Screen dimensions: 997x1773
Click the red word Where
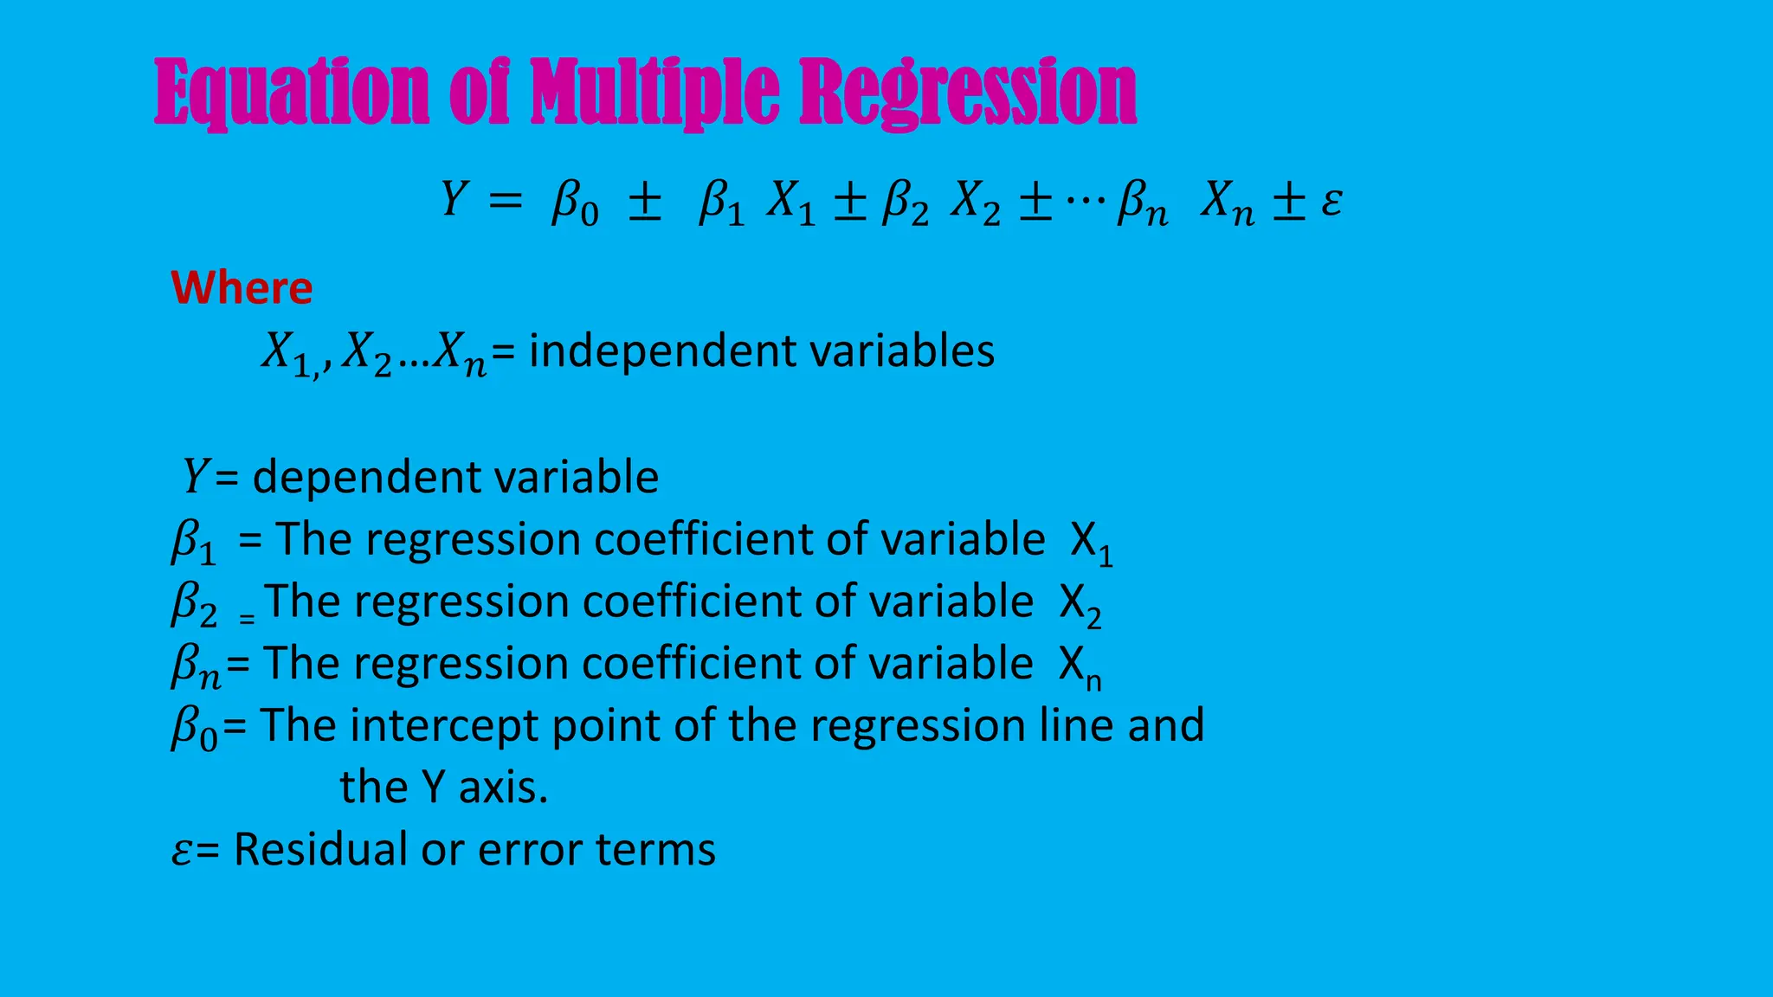[x=242, y=288]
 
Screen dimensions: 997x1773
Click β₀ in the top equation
[x=575, y=204]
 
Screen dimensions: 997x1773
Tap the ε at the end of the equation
[x=1331, y=203]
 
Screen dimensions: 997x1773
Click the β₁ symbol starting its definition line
[x=193, y=543]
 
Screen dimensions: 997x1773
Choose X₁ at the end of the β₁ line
[x=1091, y=544]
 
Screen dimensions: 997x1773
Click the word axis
[x=503, y=788]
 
